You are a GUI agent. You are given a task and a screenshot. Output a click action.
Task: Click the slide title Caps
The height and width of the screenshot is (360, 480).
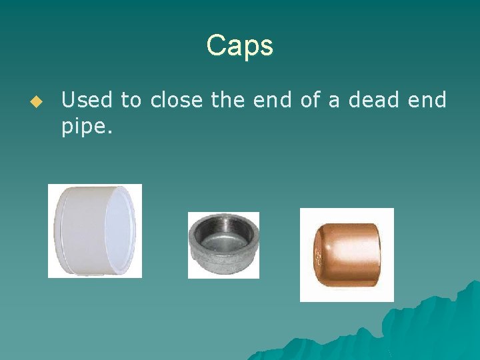(239, 46)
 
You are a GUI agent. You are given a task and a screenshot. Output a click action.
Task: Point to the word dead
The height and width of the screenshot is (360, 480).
(368, 101)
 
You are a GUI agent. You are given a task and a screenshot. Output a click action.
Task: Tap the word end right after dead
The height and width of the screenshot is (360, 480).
(427, 101)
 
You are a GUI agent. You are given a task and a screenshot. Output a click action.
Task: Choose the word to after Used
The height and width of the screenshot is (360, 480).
(131, 101)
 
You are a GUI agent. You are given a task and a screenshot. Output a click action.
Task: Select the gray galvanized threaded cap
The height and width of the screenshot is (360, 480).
(223, 245)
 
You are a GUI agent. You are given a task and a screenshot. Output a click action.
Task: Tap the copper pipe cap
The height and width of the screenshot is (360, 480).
(347, 255)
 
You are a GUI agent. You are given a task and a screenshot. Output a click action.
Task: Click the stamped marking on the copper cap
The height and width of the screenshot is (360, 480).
(319, 256)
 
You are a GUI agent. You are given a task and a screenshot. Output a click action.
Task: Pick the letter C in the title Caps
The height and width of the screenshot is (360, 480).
(215, 46)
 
